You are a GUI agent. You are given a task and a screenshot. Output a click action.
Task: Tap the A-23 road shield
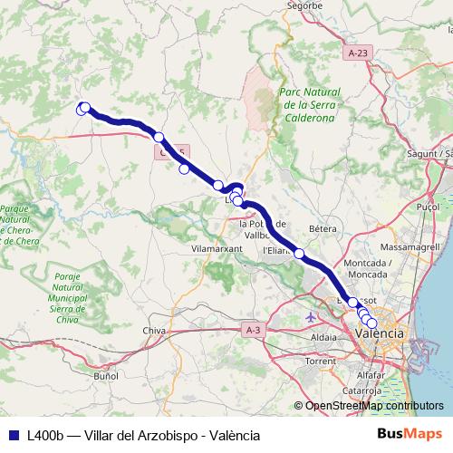(x=358, y=54)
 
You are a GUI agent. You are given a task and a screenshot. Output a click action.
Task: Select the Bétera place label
(x=323, y=229)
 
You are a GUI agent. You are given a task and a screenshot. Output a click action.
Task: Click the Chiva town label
(x=154, y=331)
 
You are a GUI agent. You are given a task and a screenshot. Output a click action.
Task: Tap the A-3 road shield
(x=253, y=332)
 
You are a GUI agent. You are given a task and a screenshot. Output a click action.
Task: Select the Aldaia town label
(x=323, y=336)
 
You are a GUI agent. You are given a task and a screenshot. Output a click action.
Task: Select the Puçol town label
(x=426, y=207)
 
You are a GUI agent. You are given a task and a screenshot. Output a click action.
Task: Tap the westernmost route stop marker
(x=82, y=109)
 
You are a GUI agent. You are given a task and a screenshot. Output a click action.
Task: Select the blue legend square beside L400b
(x=14, y=435)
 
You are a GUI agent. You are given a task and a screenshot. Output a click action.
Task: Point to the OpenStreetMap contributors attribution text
(x=372, y=406)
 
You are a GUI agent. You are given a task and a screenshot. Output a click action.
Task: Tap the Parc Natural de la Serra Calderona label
(x=309, y=105)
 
